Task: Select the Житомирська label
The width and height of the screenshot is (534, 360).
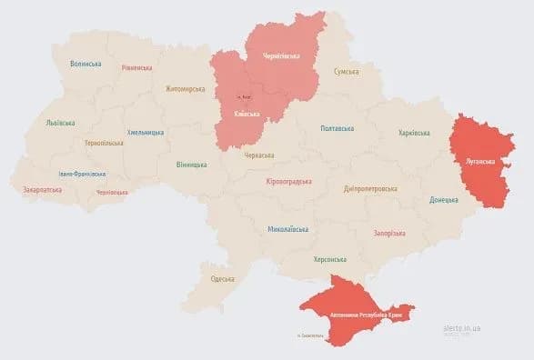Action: click(185, 89)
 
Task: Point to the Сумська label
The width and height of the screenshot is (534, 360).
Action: click(347, 71)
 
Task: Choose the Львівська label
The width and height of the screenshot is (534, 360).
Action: click(60, 123)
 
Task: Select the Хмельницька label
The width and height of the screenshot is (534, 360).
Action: click(146, 133)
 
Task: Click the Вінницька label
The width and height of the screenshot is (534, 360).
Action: click(191, 165)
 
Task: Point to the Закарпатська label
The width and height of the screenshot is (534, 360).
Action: click(43, 190)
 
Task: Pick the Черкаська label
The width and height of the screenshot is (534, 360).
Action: click(259, 155)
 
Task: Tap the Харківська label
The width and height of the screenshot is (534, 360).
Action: click(414, 134)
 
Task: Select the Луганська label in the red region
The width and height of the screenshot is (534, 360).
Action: click(480, 162)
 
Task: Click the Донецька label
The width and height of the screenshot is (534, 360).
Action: click(444, 199)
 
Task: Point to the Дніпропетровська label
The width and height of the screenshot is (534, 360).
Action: click(370, 189)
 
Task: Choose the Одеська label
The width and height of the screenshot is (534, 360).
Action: click(223, 279)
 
